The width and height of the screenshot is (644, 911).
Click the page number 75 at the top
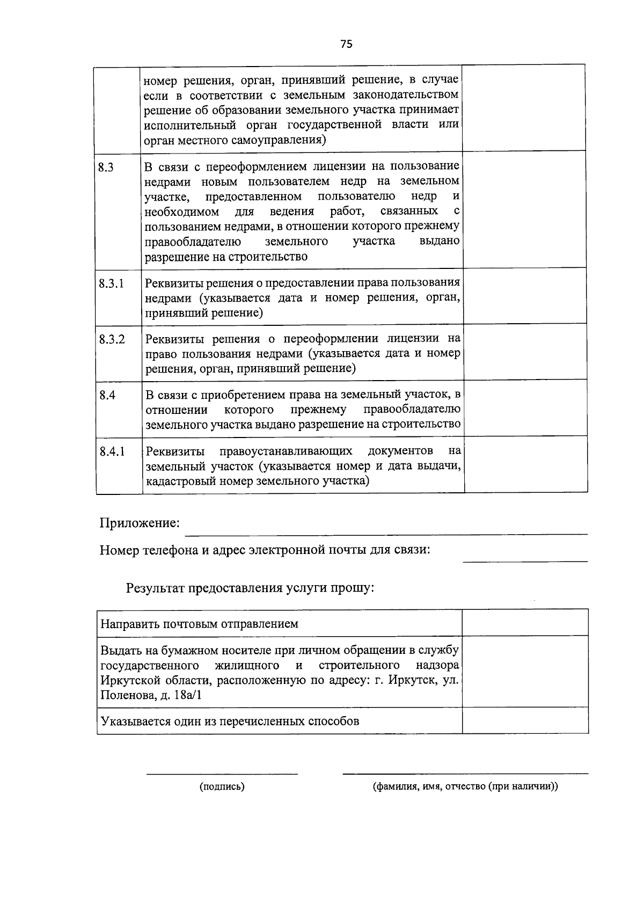pos(346,45)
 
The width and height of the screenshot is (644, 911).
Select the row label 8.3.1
pos(111,283)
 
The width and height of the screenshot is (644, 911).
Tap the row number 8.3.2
pos(112,339)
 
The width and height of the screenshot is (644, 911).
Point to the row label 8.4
pos(107,396)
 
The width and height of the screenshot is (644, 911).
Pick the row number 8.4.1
pos(112,451)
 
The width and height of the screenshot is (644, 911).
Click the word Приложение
pos(140,523)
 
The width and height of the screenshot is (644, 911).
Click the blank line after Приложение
pos(386,533)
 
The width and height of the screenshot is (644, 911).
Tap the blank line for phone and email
pos(525,560)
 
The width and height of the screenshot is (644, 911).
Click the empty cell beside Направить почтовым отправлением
pos(525,623)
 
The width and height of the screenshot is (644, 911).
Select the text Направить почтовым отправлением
pos(200,624)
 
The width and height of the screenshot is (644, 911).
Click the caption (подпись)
pos(222,786)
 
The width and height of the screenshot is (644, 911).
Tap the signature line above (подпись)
pos(222,774)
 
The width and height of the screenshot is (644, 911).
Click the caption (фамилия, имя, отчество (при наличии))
pos(465,786)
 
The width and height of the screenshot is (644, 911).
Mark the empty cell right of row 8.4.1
pos(525,465)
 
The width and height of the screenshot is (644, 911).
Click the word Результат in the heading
pos(155,588)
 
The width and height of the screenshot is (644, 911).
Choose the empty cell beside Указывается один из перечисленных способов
pos(525,721)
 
